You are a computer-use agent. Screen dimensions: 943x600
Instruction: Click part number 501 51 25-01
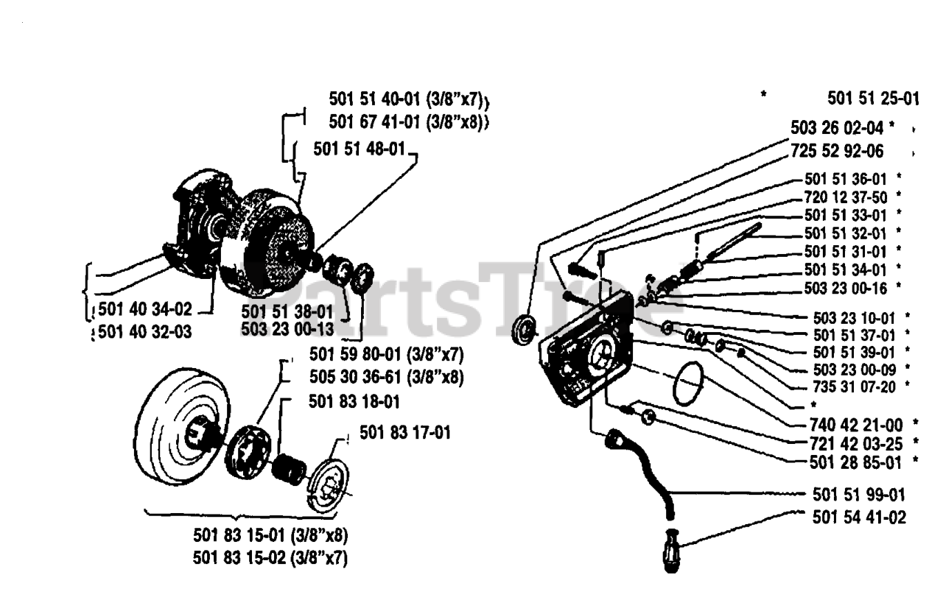(873, 99)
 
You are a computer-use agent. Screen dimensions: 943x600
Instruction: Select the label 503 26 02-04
(835, 127)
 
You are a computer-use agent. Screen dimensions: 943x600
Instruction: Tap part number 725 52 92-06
(837, 152)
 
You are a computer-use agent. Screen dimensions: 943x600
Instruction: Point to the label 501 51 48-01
(359, 149)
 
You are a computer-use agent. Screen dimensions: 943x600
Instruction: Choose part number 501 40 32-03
(144, 332)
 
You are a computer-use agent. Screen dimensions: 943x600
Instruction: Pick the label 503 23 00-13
(287, 328)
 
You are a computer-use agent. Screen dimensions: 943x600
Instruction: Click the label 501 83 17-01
(405, 432)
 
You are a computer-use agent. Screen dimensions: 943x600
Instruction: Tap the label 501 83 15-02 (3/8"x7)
(270, 557)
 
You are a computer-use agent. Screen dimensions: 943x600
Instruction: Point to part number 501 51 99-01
(859, 494)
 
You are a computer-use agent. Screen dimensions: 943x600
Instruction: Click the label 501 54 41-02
(859, 518)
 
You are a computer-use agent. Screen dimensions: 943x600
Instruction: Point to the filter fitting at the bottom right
(671, 549)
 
